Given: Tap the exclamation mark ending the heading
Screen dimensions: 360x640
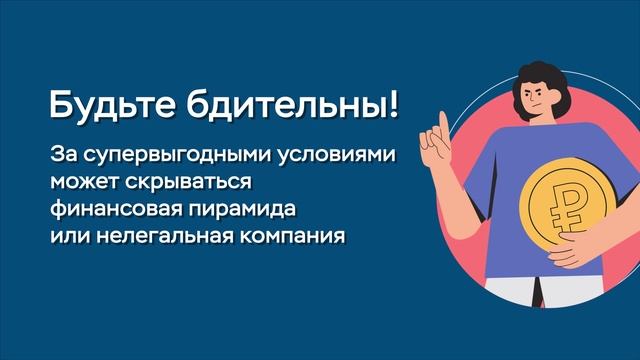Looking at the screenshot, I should click(390, 105).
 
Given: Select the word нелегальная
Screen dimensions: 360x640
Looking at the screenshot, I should click(150, 239).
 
